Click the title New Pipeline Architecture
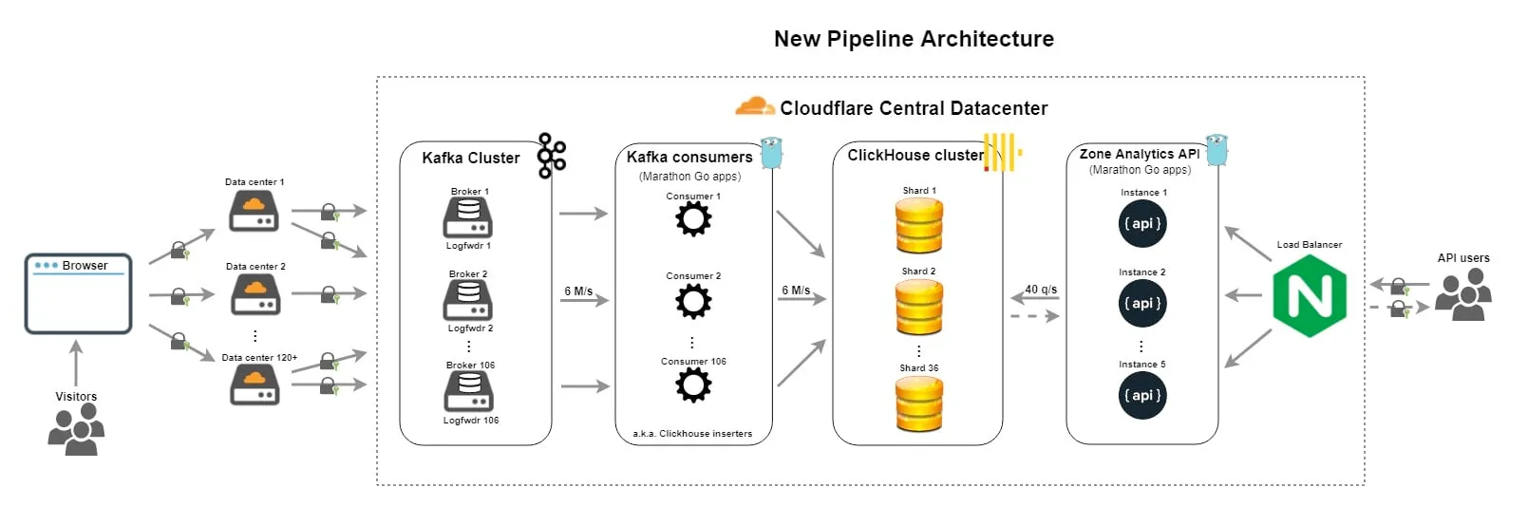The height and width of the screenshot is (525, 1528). [914, 39]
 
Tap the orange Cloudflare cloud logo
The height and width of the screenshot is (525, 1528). [754, 106]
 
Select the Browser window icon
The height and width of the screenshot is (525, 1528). [78, 293]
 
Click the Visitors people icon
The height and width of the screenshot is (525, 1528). [76, 429]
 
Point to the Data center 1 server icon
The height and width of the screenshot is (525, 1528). [254, 211]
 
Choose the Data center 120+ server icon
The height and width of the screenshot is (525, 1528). [255, 384]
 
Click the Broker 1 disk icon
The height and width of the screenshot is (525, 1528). [468, 217]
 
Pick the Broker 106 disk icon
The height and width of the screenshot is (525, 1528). [469, 391]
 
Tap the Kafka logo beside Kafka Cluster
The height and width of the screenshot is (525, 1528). [551, 156]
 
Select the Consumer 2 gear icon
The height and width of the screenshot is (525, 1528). [693, 302]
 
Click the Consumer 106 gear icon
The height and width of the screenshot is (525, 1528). [693, 385]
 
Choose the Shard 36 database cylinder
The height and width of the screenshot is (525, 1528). [919, 403]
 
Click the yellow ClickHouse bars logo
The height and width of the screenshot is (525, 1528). [1001, 153]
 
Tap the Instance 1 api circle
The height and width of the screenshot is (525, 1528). [1142, 224]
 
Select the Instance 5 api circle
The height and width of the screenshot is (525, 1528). [1142, 396]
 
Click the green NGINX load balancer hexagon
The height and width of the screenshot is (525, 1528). [1310, 296]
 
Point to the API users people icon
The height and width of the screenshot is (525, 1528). [1462, 294]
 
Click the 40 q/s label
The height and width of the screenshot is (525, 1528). [1041, 290]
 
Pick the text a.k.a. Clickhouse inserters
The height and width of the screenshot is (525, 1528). [692, 434]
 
